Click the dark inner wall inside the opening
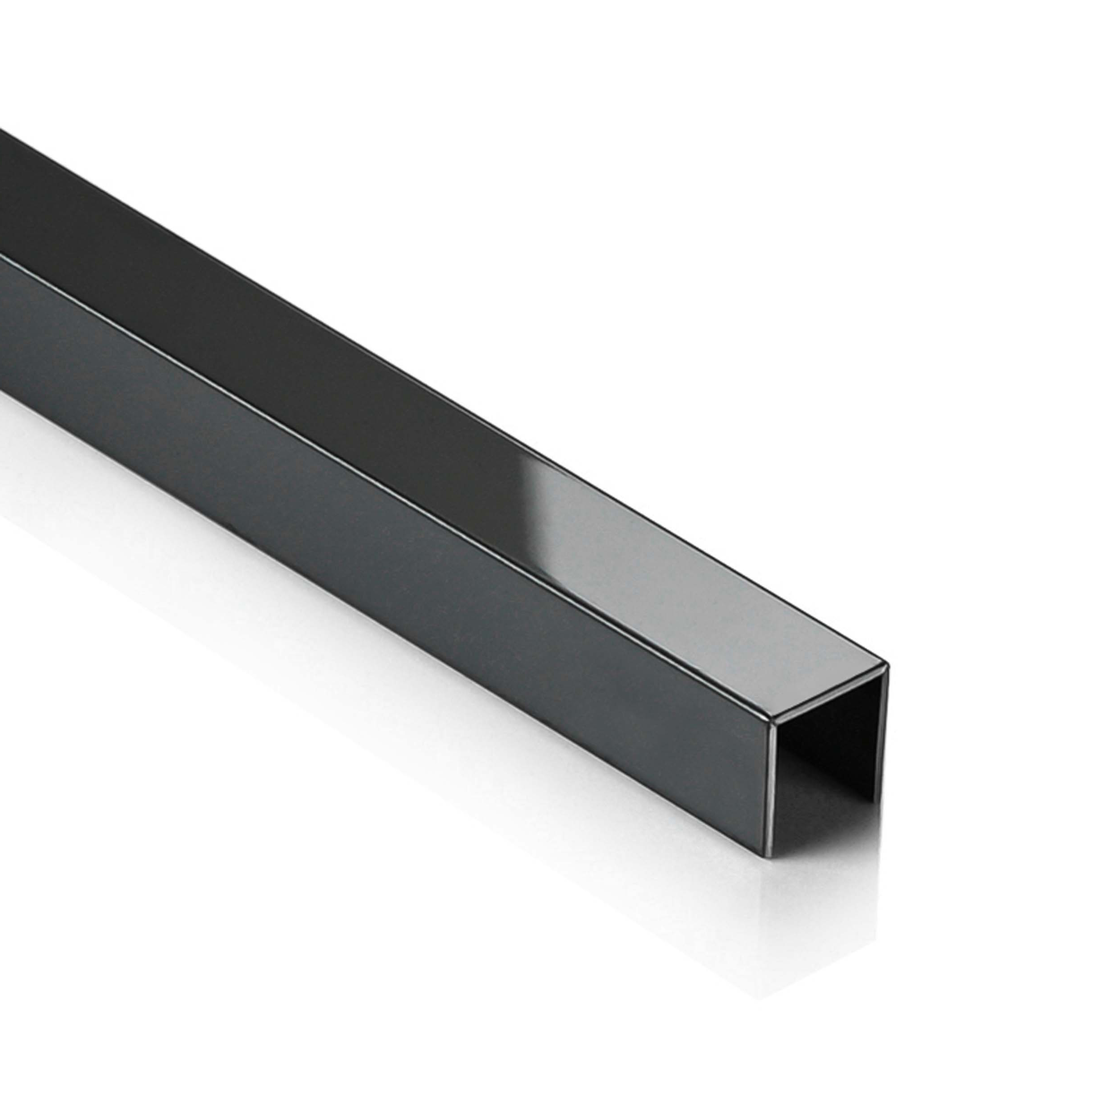[835, 730]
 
